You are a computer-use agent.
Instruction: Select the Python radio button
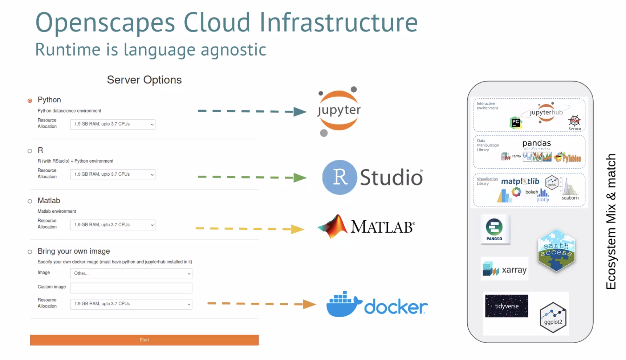click(30, 101)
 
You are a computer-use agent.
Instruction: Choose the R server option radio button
click(30, 151)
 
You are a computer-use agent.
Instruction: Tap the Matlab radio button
click(30, 201)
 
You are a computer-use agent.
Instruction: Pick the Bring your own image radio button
click(30, 251)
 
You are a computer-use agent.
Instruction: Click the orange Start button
click(144, 340)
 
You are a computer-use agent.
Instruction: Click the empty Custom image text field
click(131, 288)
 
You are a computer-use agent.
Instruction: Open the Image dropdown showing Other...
click(131, 274)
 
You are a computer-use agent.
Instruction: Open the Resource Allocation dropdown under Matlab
click(113, 225)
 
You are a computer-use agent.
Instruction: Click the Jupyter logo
click(338, 111)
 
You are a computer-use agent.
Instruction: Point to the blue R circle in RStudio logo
click(340, 177)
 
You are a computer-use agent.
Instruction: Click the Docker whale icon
click(343, 305)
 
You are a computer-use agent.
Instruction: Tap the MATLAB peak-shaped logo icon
click(333, 226)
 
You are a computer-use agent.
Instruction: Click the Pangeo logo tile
click(495, 230)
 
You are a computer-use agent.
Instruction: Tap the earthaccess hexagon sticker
click(556, 250)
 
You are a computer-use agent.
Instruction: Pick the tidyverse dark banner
click(507, 306)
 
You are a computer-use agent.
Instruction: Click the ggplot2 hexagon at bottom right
click(553, 318)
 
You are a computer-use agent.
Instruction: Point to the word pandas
click(536, 143)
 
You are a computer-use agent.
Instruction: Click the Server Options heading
click(144, 80)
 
